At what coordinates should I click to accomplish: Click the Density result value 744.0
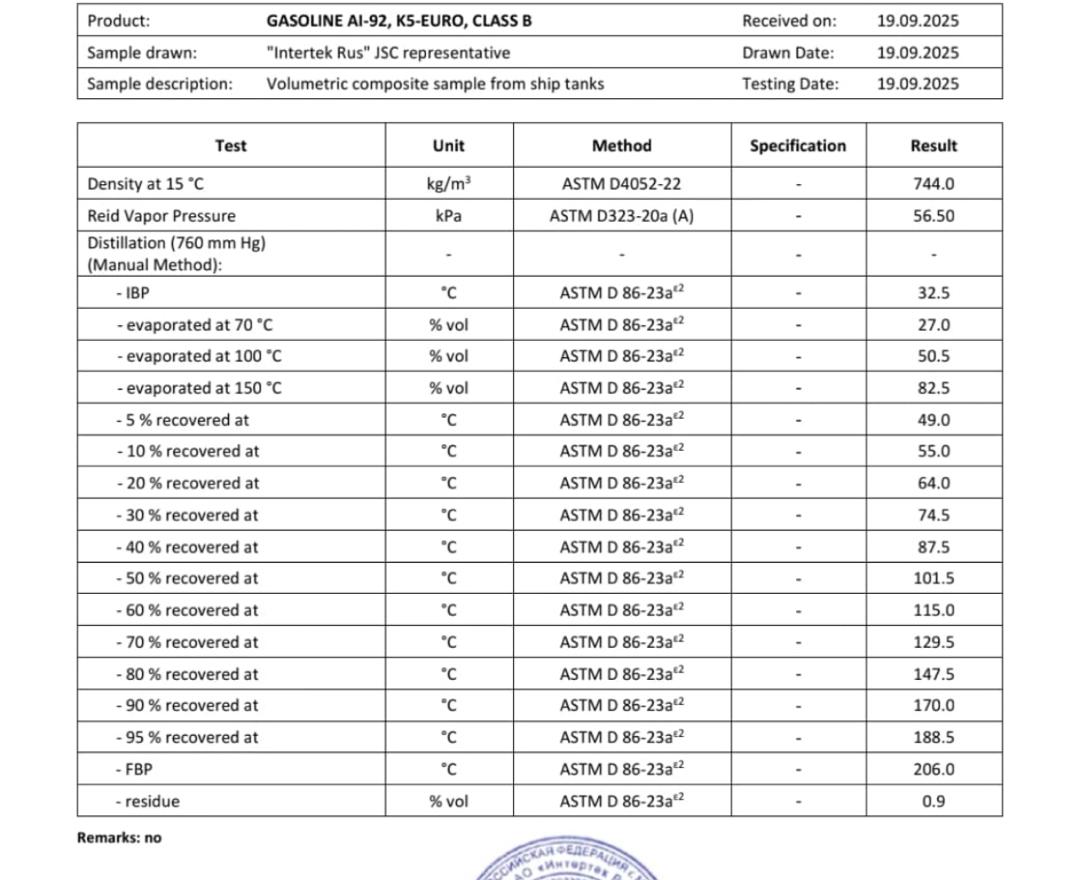pos(933,184)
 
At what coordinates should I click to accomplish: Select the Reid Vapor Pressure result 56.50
pos(933,216)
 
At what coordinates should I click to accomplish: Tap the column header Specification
pos(797,146)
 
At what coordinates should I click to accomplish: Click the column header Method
pos(621,146)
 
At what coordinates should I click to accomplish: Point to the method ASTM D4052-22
pos(621,184)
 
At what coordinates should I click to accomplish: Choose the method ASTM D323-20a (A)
pos(621,216)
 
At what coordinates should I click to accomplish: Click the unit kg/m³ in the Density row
pos(448,184)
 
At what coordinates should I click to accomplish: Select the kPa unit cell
pos(448,216)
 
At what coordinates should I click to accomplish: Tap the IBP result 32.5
pos(933,293)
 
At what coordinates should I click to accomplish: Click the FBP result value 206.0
pos(933,769)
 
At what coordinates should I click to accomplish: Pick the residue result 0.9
pos(933,801)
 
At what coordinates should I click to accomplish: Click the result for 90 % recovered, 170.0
pos(933,705)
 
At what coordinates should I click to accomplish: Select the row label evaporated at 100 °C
pos(199,356)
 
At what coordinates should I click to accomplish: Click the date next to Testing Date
pos(917,84)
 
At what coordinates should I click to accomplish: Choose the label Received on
pos(789,21)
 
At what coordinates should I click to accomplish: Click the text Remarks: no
pos(119,838)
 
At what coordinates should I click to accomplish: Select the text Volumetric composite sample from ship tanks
pos(435,84)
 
